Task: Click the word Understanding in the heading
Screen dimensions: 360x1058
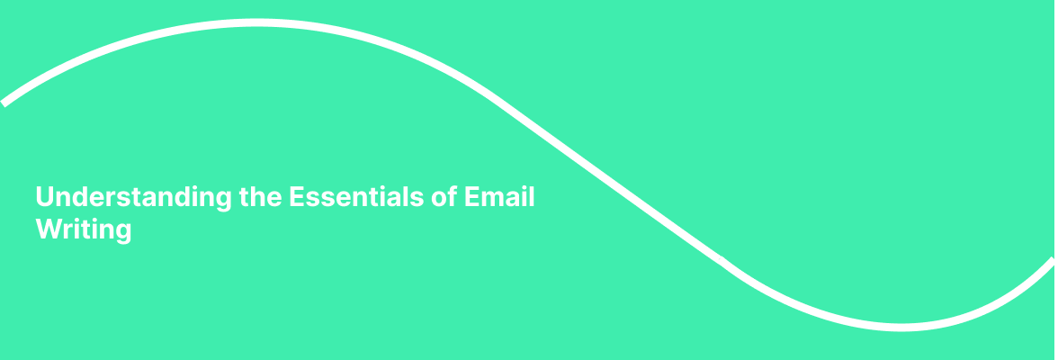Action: coord(134,197)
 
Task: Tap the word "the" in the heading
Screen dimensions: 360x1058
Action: coord(261,197)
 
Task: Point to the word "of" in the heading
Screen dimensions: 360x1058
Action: coord(444,197)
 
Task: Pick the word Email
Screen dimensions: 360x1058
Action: coord(499,197)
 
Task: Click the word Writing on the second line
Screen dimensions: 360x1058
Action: coord(84,230)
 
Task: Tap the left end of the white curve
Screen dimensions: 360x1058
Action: coord(4,102)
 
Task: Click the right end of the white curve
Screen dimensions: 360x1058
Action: coord(1054,261)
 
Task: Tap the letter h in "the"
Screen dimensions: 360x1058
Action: coord(259,197)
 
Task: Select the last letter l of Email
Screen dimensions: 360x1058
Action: coord(532,197)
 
